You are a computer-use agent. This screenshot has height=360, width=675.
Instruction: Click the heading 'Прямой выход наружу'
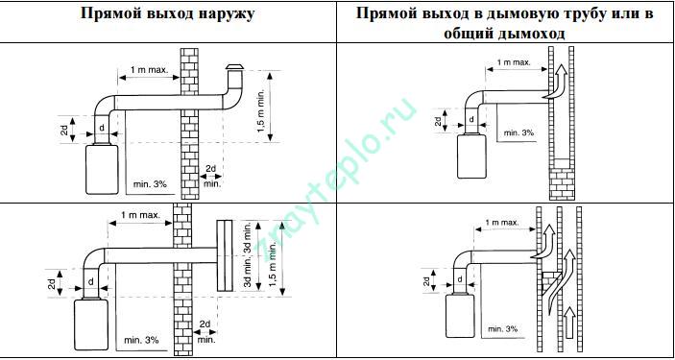click(168, 16)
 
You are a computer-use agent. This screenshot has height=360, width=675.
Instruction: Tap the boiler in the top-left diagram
click(101, 169)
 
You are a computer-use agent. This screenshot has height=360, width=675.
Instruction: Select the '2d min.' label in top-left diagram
click(210, 177)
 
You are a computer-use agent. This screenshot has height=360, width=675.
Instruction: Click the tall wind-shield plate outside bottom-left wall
click(226, 255)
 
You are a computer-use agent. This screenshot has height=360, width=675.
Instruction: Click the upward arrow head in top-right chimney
click(562, 69)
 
